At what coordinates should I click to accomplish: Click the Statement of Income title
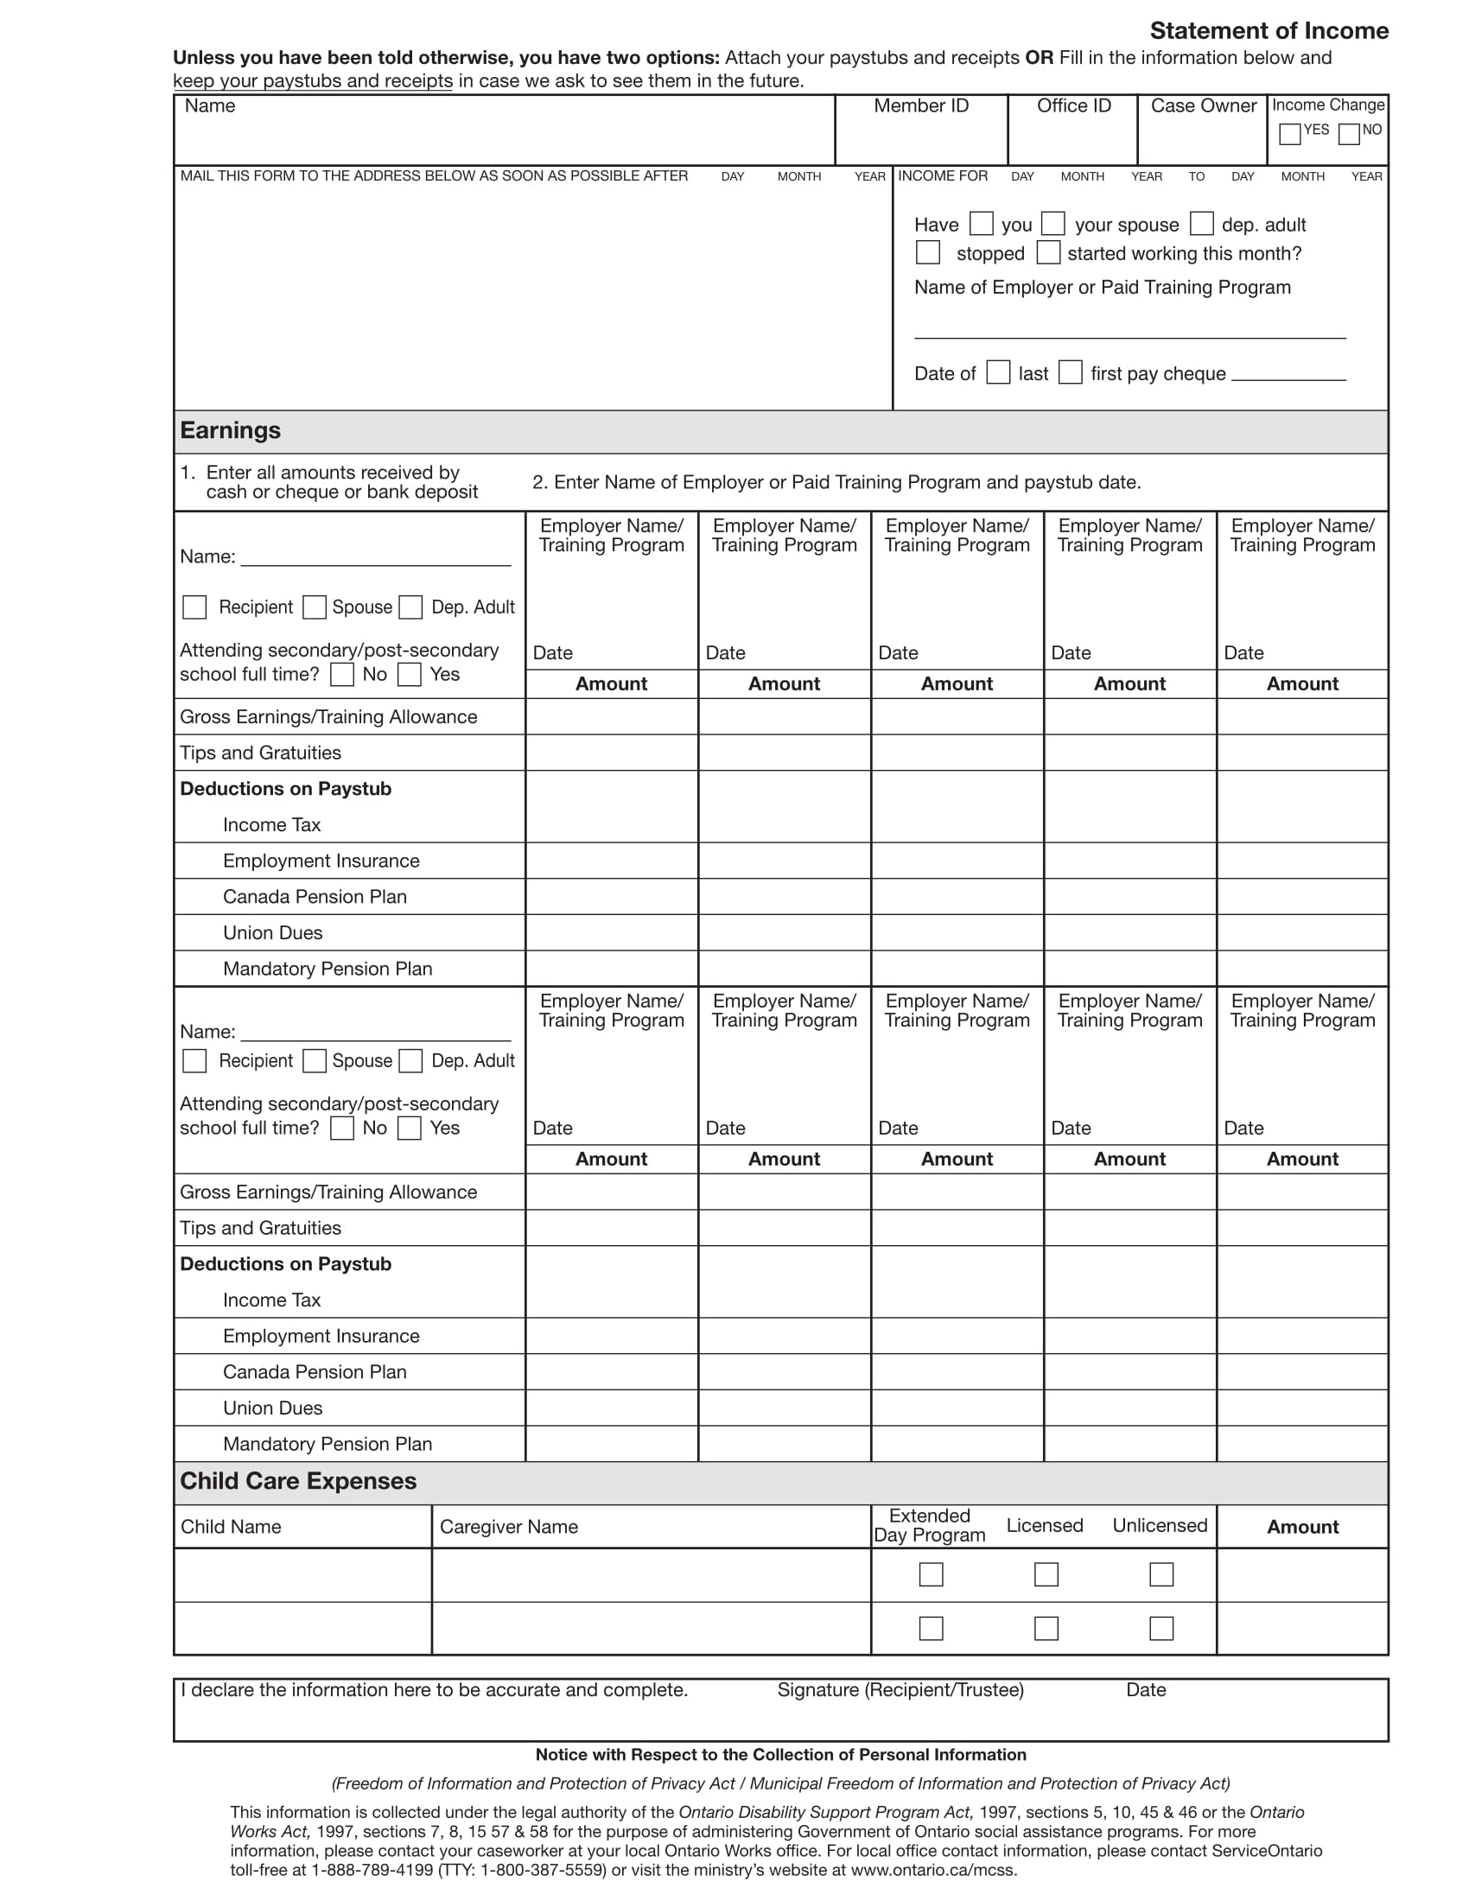[1268, 31]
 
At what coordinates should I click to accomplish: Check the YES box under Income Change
[1290, 134]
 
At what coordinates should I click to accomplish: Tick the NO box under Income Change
[1349, 134]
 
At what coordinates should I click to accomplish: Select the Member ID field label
[921, 106]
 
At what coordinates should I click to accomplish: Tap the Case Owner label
[1203, 106]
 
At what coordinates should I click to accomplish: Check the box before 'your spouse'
[1053, 224]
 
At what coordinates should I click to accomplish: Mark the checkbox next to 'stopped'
[928, 252]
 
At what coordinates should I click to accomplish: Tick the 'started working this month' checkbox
[1049, 252]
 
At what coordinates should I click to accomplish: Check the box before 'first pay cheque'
[1071, 372]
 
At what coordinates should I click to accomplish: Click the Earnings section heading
[231, 431]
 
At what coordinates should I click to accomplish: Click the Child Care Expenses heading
[298, 1481]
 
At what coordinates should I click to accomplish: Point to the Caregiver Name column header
[508, 1527]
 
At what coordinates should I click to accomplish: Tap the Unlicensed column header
[1159, 1526]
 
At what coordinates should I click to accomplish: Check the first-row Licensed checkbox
[1046, 1574]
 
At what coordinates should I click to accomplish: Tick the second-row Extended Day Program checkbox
[932, 1629]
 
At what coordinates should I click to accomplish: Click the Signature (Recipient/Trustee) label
[900, 1690]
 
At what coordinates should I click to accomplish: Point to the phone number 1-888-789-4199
[372, 1870]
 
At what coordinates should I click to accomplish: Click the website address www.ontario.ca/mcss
[933, 1870]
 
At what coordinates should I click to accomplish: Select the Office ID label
[1073, 106]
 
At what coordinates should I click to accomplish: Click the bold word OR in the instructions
[1039, 58]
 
